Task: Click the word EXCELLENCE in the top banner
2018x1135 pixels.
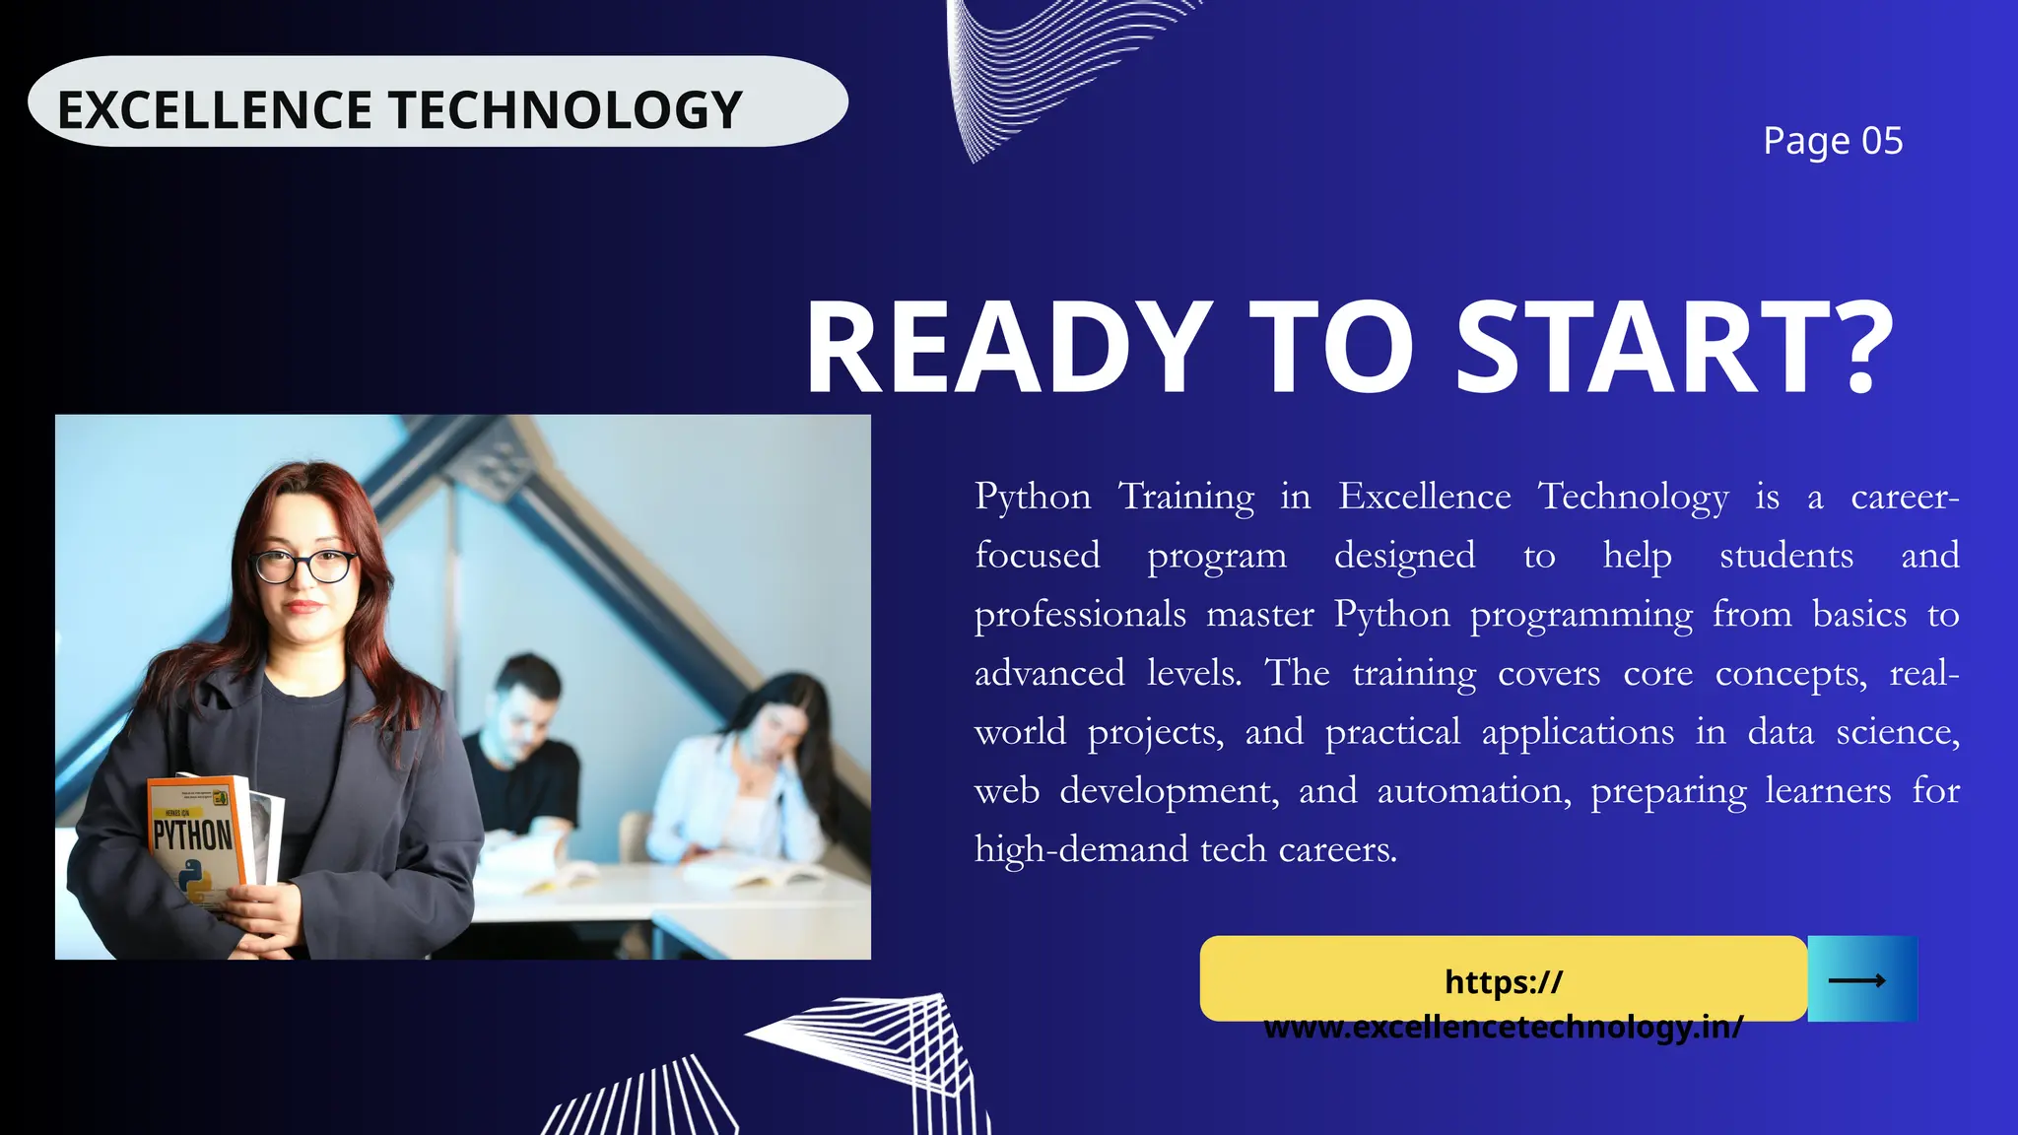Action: tap(213, 109)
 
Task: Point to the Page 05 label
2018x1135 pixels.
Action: tap(1833, 141)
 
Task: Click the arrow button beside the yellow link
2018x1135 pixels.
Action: tap(1861, 979)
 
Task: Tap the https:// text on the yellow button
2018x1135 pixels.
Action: tap(1504, 981)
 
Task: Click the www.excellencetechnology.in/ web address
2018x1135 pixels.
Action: tap(1504, 1027)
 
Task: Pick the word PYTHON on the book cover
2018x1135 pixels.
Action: tap(192, 835)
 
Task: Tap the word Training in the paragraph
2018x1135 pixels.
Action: tap(1186, 497)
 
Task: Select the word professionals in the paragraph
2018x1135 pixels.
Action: tap(1080, 615)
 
